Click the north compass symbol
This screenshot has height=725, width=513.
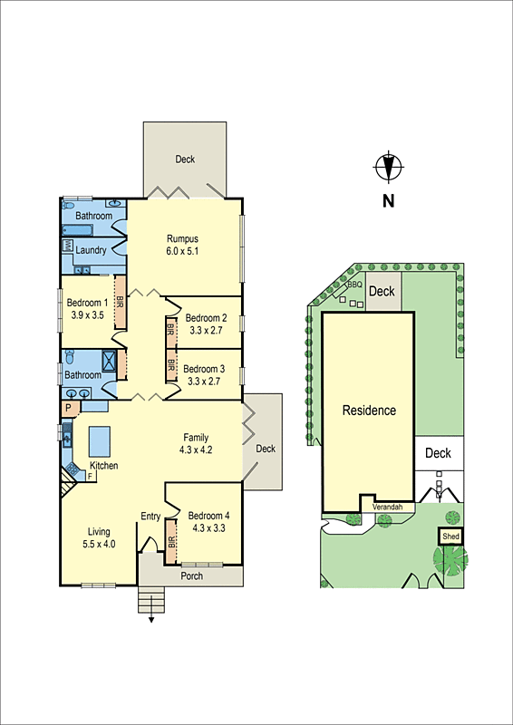pos(389,168)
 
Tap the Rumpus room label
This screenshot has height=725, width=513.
pos(182,239)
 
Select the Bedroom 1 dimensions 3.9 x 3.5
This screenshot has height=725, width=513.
pos(87,316)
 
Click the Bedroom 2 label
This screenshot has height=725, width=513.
pos(206,318)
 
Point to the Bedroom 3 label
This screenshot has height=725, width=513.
pos(204,369)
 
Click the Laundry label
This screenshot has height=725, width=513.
pos(92,250)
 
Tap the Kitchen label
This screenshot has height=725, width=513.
pos(103,466)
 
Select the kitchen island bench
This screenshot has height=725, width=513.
pos(97,441)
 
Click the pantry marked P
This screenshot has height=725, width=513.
pos(67,410)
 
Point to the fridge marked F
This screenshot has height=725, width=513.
pos(90,475)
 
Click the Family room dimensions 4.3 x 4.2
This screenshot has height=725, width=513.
pos(197,449)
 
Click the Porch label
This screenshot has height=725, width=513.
pos(191,576)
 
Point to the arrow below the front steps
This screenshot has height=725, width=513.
pos(151,621)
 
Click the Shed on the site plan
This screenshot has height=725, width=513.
pos(450,536)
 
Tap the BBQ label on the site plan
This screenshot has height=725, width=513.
pos(355,284)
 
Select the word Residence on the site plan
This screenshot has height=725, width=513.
pos(369,411)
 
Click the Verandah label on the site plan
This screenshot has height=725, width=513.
pos(387,507)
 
